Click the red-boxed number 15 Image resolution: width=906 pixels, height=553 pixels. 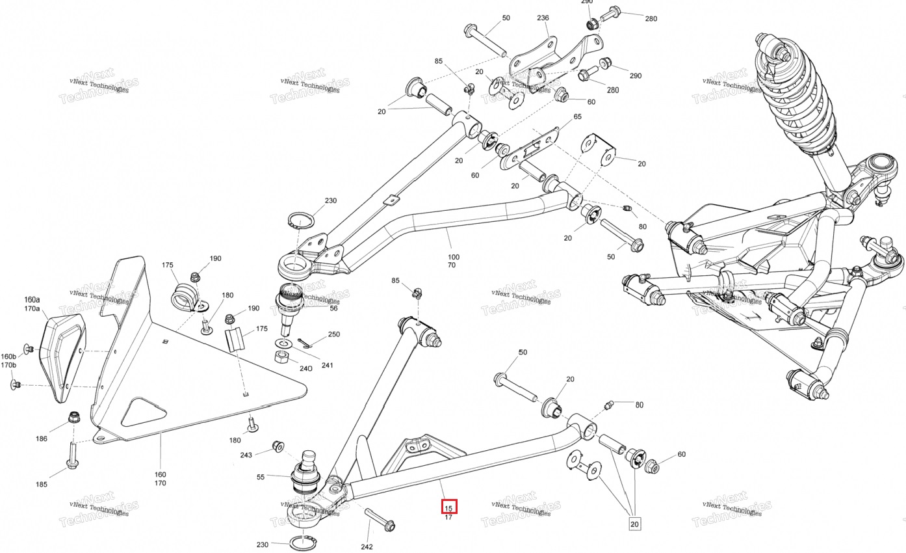449,506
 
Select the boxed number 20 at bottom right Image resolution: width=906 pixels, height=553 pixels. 634,524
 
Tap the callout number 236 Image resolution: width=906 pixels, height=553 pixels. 543,19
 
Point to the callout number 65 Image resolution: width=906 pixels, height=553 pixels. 577,117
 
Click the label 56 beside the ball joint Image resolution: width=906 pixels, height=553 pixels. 333,308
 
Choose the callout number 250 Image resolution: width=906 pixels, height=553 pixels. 333,334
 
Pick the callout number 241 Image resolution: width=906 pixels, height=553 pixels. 327,365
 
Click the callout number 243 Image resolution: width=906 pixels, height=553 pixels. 246,455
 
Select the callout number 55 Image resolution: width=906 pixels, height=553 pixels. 261,477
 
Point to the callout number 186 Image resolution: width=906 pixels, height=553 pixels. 42,438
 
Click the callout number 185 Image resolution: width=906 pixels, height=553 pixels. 42,484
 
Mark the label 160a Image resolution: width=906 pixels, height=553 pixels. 32,300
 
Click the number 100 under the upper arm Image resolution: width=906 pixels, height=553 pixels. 452,257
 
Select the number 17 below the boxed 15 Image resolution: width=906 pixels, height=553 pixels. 448,517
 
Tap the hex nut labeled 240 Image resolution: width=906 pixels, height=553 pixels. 282,358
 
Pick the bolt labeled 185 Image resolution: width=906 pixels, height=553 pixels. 71,455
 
